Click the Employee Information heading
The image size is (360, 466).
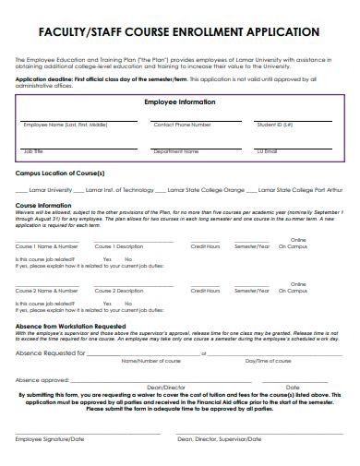pos(179,102)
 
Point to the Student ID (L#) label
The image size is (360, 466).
pos(275,124)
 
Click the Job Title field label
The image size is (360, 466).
pos(33,150)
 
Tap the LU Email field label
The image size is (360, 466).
pos(267,150)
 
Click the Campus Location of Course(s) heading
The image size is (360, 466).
pos(60,173)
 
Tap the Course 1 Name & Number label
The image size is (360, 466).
pos(46,247)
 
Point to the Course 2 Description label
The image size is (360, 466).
pos(120,292)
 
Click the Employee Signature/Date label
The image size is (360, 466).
pos(52,440)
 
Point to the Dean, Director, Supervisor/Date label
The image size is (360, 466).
pos(220,440)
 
